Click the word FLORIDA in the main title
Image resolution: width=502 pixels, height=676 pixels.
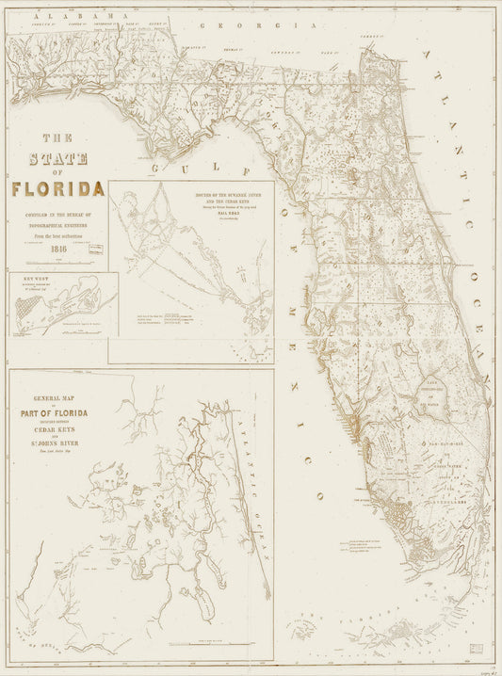[x=58, y=188]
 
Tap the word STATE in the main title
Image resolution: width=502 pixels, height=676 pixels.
[x=58, y=156]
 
